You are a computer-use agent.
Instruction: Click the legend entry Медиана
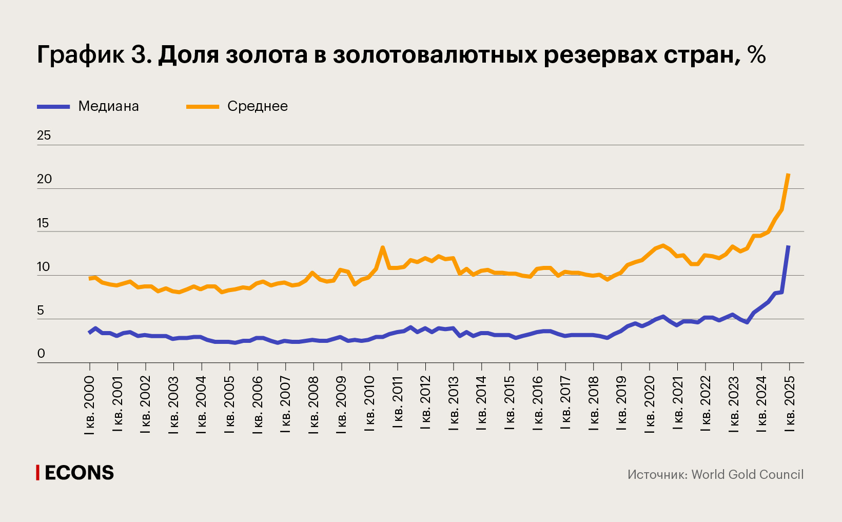[108, 106]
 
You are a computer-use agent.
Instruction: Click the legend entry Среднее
[257, 106]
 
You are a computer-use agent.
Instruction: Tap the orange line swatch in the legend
[202, 106]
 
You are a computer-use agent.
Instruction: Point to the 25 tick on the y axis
[44, 136]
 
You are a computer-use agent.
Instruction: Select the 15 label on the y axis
[44, 223]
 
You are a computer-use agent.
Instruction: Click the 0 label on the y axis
[41, 354]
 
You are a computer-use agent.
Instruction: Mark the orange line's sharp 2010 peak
[383, 247]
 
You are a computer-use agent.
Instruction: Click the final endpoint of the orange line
[789, 175]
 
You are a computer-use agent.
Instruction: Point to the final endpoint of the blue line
[789, 246]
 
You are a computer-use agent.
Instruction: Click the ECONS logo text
[79, 473]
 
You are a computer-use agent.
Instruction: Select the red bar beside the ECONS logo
[37, 473]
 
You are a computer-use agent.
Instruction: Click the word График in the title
[81, 54]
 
